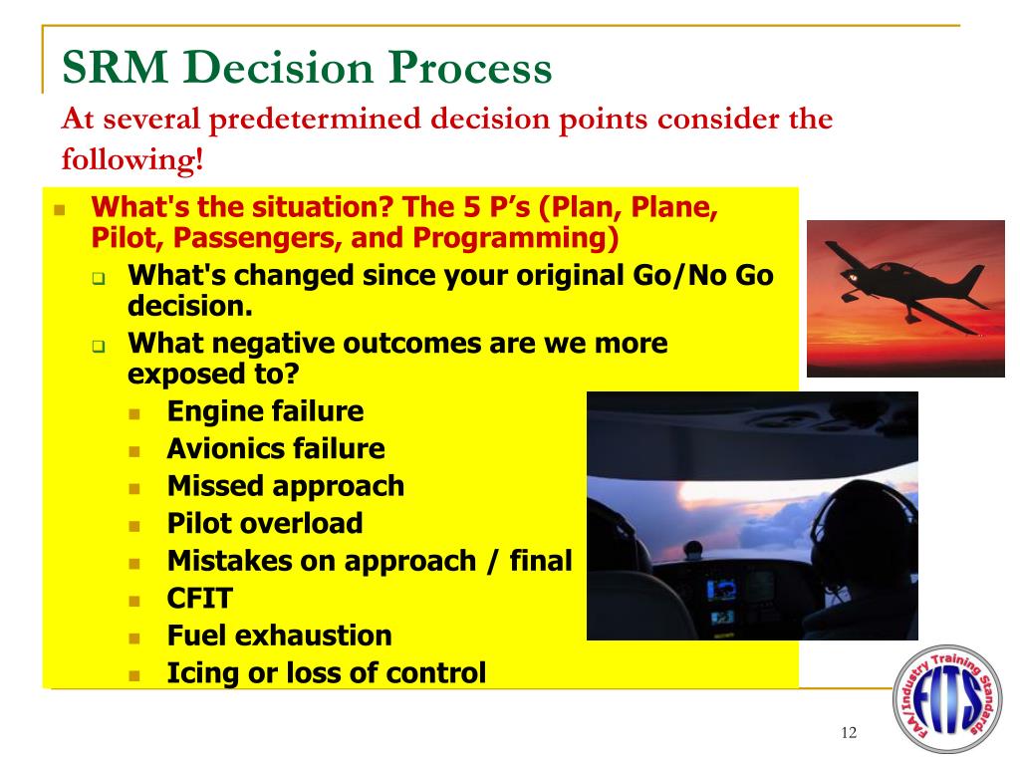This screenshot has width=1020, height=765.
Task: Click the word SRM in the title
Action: click(x=116, y=67)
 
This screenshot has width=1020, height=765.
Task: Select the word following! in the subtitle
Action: click(x=132, y=158)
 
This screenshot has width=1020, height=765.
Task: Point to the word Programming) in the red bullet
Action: click(x=515, y=238)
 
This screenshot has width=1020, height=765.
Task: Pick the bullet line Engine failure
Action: click(x=265, y=411)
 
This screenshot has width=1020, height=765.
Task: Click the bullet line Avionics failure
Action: click(x=276, y=449)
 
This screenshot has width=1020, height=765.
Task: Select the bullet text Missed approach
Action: click(x=286, y=486)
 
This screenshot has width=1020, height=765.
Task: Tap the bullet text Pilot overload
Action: click(x=265, y=524)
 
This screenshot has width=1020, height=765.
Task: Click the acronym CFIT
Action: click(x=199, y=599)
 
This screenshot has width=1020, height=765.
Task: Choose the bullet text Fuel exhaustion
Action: click(x=280, y=636)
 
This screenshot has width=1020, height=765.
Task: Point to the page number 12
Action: click(x=849, y=733)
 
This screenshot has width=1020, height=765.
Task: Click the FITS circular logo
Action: click(x=948, y=699)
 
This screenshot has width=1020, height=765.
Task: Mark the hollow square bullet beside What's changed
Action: click(x=99, y=279)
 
